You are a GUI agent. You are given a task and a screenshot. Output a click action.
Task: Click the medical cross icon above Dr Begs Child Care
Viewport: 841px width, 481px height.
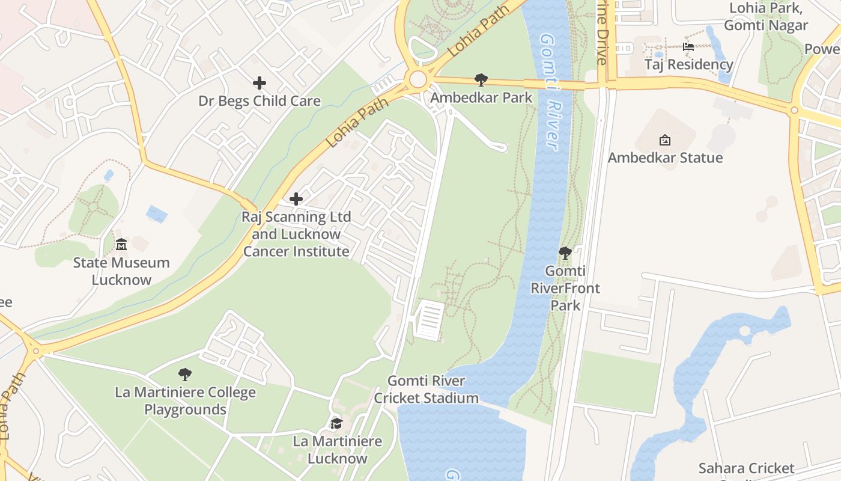pos(260,82)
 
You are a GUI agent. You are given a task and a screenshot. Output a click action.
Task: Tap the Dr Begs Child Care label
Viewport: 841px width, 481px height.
pos(260,101)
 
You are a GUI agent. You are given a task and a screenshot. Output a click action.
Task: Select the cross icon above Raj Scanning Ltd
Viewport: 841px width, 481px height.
pos(296,198)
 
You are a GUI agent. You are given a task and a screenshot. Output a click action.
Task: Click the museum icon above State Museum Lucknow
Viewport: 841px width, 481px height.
pos(121,244)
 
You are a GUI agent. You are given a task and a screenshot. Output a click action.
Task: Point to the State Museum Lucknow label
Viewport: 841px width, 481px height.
pos(121,271)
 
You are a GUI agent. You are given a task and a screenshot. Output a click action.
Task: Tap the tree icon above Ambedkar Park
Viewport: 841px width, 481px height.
pos(481,79)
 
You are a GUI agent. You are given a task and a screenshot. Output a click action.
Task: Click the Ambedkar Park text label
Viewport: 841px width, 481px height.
pos(482,97)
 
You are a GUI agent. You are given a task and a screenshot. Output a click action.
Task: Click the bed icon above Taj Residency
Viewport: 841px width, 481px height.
pos(688,47)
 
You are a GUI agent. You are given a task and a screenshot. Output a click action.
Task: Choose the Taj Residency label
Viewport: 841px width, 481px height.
pos(688,64)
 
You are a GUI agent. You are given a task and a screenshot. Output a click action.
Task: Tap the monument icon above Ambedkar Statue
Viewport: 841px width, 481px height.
pos(665,140)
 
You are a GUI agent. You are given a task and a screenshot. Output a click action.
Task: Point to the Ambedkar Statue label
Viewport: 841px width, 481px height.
pos(665,158)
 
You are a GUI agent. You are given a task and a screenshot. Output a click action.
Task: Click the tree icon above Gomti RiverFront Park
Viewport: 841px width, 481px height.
pos(565,253)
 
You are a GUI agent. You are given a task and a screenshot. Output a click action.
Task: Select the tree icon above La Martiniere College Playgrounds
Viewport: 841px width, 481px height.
pos(185,375)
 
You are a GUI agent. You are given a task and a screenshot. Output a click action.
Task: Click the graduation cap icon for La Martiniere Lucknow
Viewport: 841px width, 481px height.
pos(336,424)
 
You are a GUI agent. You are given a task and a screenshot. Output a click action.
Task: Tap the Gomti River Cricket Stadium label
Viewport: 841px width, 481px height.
pos(427,389)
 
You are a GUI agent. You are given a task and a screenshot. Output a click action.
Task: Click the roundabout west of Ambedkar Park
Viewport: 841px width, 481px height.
pos(417,79)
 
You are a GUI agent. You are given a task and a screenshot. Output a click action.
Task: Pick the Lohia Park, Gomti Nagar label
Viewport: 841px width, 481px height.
pos(765,17)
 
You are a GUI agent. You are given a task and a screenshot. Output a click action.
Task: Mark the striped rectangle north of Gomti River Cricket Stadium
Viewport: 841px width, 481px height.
pos(429,320)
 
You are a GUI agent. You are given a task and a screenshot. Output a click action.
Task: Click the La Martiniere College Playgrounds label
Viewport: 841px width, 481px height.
pos(185,401)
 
